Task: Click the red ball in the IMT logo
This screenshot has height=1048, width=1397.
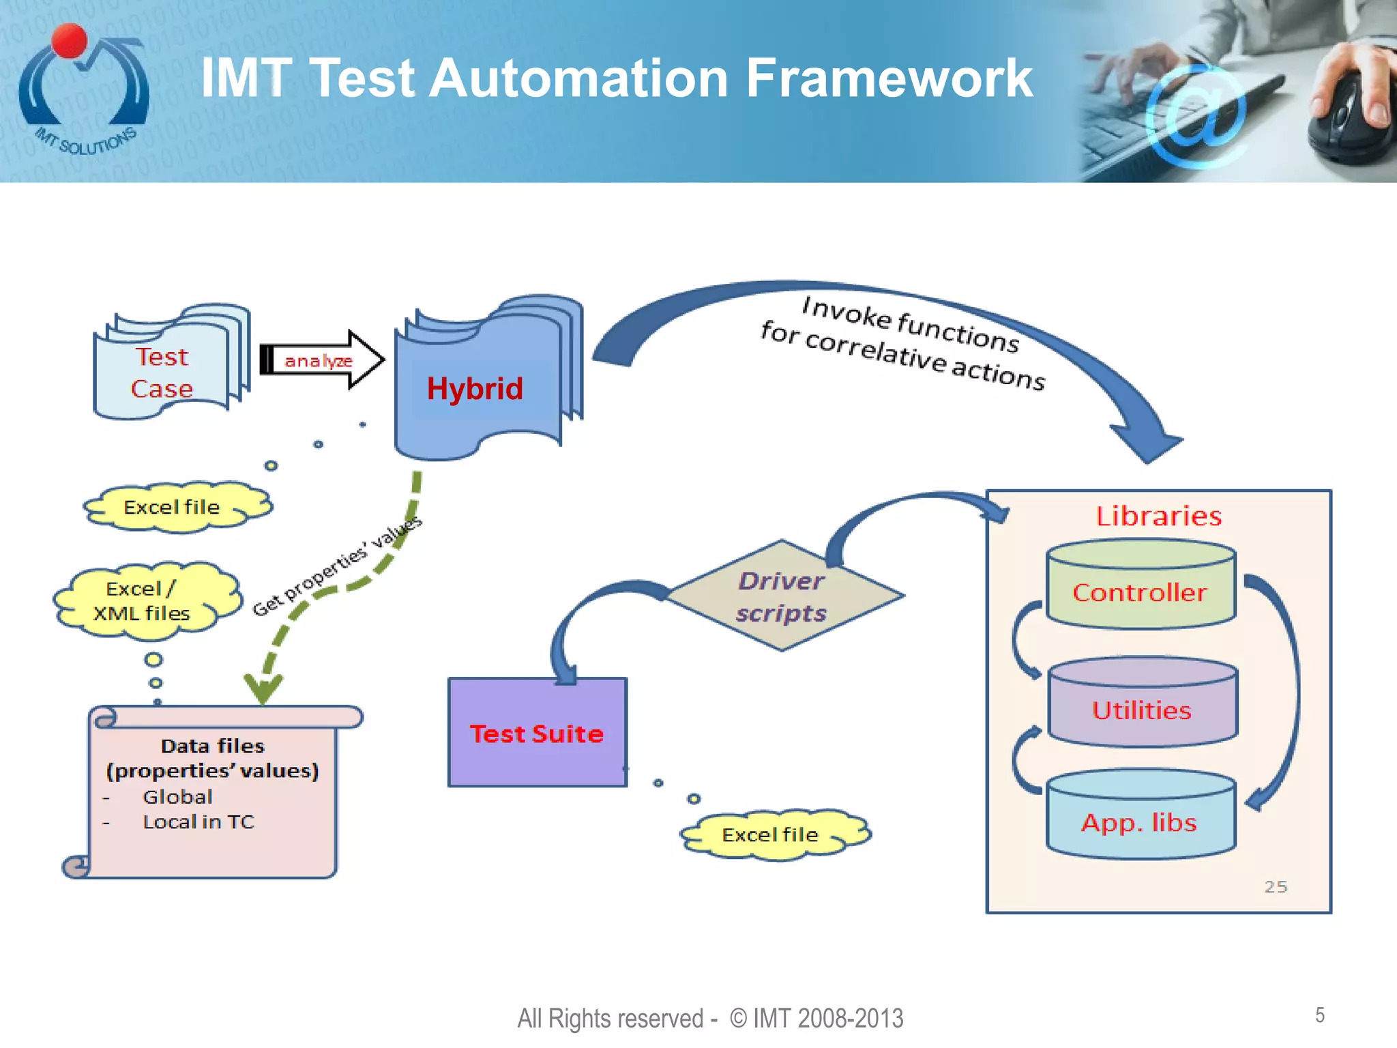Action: [x=70, y=41]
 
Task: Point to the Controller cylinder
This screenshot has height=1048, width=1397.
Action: [x=1141, y=591]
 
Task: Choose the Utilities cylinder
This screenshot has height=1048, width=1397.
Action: [x=1142, y=710]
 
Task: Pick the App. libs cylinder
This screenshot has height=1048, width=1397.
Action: [x=1140, y=821]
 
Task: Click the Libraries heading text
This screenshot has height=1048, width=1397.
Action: [x=1158, y=516]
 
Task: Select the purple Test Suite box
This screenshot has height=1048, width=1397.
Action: [x=537, y=733]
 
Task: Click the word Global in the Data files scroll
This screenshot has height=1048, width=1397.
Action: [x=177, y=796]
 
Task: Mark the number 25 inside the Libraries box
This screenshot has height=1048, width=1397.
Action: [x=1275, y=886]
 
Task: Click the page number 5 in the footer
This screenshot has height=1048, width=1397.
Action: [x=1319, y=1015]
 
